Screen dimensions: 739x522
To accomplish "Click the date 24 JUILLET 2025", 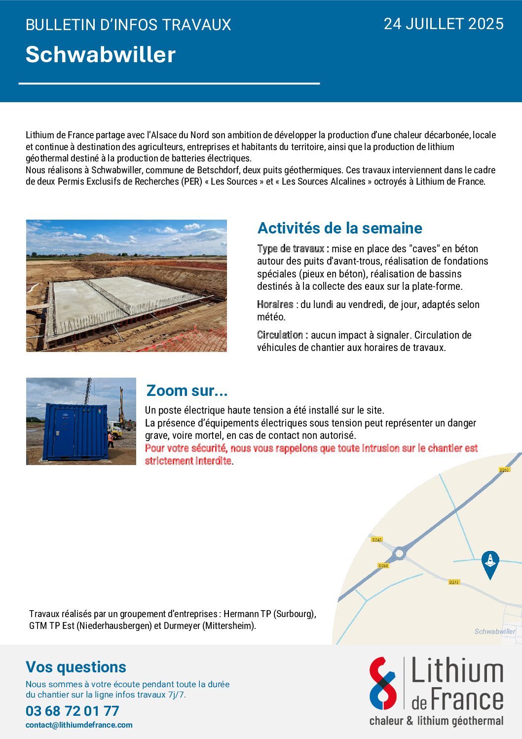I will pos(443,24).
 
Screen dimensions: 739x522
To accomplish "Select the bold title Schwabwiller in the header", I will pos(101,54).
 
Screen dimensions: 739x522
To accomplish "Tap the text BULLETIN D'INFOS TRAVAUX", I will pos(128,25).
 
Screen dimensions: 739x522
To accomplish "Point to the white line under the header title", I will pos(169,83).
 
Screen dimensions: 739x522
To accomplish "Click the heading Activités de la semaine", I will pos(339,228).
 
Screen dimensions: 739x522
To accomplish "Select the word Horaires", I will pos(275,305).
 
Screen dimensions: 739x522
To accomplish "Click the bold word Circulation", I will pos(280,335).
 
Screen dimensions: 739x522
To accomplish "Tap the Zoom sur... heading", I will pos(187,390).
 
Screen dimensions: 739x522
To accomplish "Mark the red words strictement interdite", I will pos(188,461).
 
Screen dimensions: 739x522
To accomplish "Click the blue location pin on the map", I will pos(490,563).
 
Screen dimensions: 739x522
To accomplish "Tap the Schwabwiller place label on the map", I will pos(494,631).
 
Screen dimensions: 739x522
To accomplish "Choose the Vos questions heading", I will pos(76,667).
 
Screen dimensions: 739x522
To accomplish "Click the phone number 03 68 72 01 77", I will pos(73,711).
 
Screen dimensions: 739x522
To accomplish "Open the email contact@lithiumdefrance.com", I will pos(79,725).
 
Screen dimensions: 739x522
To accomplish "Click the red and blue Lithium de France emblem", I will pos(383,683).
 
